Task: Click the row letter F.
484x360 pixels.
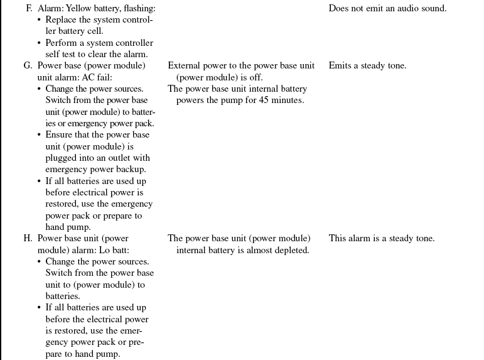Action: click(x=28, y=9)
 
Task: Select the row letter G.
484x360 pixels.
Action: click(x=28, y=66)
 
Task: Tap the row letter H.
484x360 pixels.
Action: click(x=28, y=239)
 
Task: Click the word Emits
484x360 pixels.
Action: click(x=341, y=66)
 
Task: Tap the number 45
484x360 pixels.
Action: click(x=259, y=101)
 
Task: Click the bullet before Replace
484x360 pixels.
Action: click(x=40, y=20)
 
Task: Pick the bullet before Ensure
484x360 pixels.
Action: click(x=40, y=135)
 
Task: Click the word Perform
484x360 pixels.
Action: click(x=62, y=43)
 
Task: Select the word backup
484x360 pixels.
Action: click(x=132, y=169)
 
